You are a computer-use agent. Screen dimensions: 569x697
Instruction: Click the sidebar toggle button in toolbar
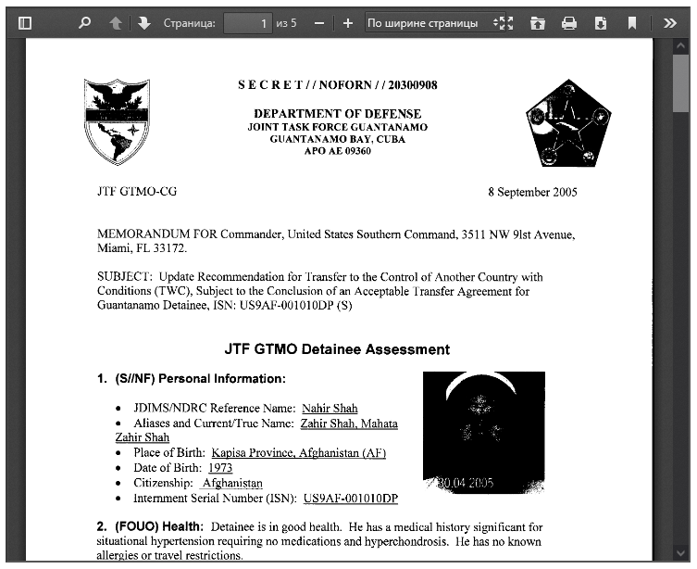25,23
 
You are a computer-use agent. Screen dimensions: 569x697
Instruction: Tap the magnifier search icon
85,23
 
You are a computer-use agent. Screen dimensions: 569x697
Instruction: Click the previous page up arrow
116,23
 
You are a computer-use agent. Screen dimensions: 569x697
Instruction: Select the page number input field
247,23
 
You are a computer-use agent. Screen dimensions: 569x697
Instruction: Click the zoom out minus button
319,23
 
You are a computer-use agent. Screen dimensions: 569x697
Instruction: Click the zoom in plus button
347,23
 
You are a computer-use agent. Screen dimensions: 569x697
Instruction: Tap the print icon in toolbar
569,23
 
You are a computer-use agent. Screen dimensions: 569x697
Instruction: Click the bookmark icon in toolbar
632,23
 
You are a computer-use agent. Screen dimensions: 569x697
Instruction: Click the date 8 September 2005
532,192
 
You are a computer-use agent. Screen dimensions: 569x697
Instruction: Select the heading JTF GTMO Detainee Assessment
337,349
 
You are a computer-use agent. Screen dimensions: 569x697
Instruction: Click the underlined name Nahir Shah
330,408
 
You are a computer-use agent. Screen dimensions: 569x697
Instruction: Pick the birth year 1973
220,468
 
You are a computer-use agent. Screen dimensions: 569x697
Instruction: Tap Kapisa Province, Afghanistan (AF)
298,453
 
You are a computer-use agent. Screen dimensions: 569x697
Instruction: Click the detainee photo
483,432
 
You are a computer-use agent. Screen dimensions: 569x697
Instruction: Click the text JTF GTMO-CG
137,192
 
